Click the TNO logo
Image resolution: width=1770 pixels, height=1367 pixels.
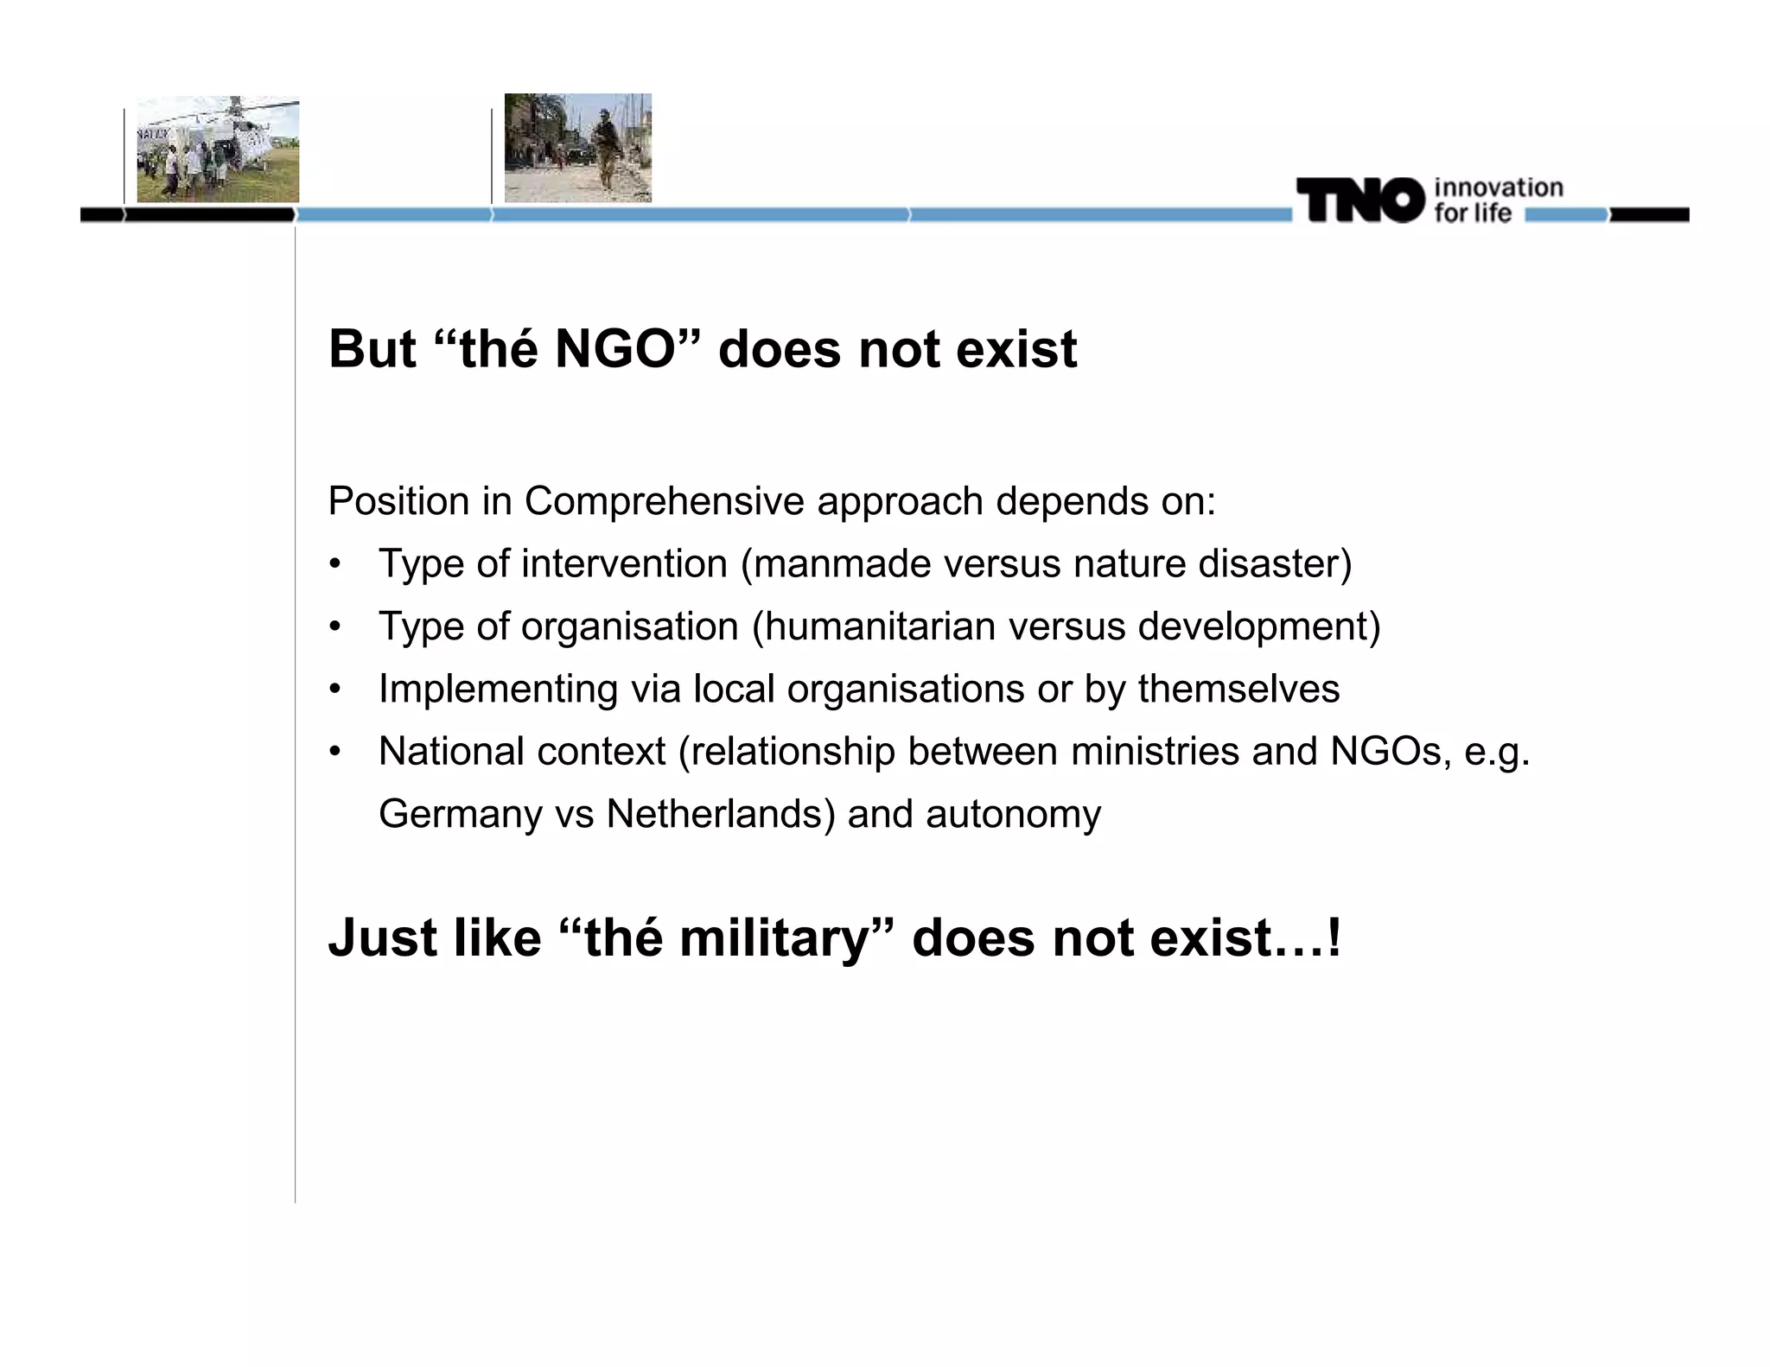coord(1359,200)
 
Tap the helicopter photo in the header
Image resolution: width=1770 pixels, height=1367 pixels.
coord(218,149)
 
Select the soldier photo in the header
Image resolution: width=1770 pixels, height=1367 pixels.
coord(577,148)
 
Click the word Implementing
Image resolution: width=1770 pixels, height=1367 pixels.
coord(498,690)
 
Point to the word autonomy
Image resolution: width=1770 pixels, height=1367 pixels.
coord(1013,814)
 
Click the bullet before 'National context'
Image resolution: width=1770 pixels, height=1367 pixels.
coord(335,752)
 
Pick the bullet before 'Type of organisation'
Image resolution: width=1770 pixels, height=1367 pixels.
coord(335,626)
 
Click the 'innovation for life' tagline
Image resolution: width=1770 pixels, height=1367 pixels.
coord(1498,200)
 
